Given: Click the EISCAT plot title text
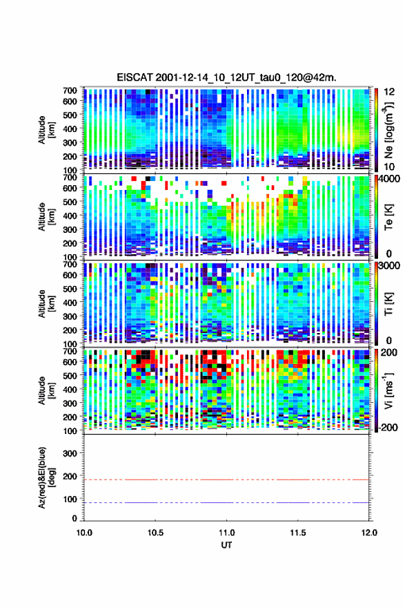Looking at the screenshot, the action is click(226, 77).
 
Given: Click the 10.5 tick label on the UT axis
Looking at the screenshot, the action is click(155, 533).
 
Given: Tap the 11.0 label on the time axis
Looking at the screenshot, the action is click(226, 533).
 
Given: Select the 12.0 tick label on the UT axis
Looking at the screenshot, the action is click(369, 533).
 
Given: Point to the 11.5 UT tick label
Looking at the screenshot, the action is click(298, 533).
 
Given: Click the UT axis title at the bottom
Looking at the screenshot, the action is click(226, 545).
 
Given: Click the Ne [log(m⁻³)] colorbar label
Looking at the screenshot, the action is click(388, 131).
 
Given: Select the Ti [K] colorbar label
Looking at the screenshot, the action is click(388, 304).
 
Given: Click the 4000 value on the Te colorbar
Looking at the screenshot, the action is click(390, 180).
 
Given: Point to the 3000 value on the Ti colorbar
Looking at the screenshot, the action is click(390, 266).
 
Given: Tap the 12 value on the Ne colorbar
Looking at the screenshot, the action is click(390, 93).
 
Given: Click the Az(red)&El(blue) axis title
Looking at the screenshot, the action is click(46, 477).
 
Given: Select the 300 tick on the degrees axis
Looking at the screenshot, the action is click(70, 453).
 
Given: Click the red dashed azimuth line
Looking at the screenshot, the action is click(226, 479).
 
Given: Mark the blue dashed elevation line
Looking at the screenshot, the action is click(226, 502).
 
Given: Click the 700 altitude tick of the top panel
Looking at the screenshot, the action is click(70, 90).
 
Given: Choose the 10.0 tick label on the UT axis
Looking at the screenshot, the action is click(84, 533).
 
